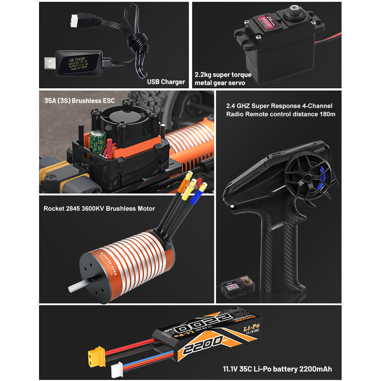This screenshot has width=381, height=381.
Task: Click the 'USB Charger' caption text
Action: pos(166,82)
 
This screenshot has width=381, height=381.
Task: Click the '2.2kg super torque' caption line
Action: pos(223,75)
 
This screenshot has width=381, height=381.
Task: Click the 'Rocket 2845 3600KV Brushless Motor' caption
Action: pos(99,208)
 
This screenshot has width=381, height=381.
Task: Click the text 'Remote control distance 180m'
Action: pos(281,114)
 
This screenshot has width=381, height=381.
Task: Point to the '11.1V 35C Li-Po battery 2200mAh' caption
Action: pos(277,369)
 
